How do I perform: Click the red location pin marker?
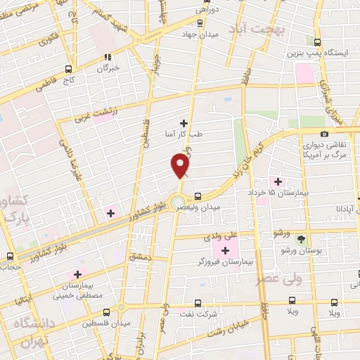click(181, 166)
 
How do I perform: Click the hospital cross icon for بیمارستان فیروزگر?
click(226, 251)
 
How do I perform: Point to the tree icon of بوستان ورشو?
click(302, 240)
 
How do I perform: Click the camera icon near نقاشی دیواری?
click(324, 134)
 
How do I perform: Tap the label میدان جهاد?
click(200, 34)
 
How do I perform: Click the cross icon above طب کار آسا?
click(184, 123)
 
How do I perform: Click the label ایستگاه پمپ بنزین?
click(314, 53)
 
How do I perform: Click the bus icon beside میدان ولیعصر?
click(198, 197)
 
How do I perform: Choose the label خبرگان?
click(109, 69)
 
